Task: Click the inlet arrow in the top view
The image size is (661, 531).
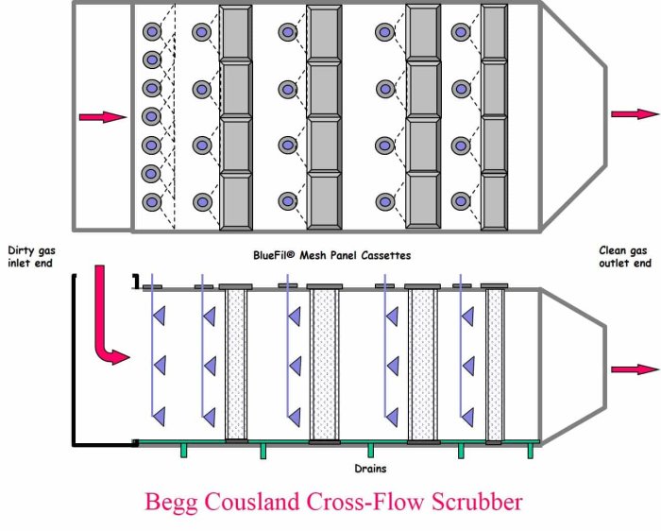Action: tap(102, 117)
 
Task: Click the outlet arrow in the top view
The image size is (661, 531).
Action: tap(634, 114)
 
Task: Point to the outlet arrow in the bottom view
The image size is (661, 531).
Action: tap(634, 368)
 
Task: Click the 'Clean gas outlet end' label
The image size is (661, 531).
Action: tap(624, 256)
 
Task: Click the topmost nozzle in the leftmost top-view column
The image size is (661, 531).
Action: tap(150, 32)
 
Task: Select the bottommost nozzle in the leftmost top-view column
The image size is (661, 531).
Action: tap(150, 202)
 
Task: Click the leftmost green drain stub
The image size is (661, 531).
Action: tap(183, 451)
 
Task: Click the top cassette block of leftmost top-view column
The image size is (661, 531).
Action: tap(235, 32)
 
